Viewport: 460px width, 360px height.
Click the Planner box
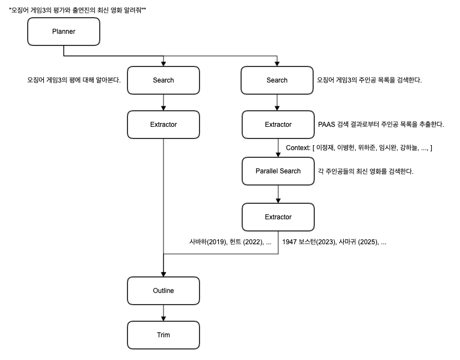coord(64,32)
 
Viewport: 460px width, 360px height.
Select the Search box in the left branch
coord(163,80)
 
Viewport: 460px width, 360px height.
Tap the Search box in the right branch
coord(277,80)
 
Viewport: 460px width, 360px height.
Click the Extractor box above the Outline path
coord(163,125)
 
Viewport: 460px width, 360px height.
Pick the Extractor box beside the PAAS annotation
coord(278,125)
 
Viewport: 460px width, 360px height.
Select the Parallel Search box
coord(278,171)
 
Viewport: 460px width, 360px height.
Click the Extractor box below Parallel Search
coord(278,217)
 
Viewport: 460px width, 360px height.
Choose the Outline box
coord(163,291)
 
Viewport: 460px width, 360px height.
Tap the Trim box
coord(163,335)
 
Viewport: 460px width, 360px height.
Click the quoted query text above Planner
coord(78,11)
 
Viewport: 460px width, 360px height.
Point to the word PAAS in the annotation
coord(326,125)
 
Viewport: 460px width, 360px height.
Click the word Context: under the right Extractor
coord(298,148)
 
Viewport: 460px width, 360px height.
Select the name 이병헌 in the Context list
coord(346,148)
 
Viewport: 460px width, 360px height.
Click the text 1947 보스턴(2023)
coord(309,242)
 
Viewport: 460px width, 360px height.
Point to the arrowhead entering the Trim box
coord(163,318)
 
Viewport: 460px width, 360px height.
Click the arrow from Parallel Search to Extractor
coord(278,194)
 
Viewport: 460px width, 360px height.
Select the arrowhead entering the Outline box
coord(163,274)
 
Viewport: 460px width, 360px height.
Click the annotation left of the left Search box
coord(74,80)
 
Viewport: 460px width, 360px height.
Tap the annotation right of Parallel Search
coord(366,171)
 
